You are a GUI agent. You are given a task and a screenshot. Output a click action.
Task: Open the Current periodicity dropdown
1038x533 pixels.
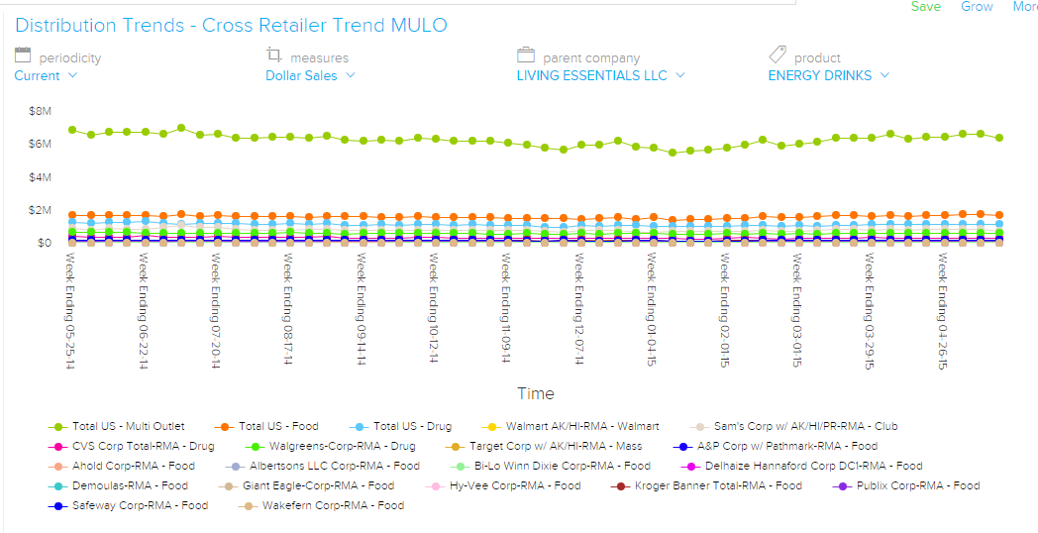[46, 75]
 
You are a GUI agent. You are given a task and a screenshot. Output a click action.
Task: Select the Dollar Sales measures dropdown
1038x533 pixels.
[310, 75]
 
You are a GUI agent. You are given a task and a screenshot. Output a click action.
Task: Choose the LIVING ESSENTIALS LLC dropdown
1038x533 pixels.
[600, 75]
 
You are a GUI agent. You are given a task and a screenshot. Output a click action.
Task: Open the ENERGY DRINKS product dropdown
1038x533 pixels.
[828, 75]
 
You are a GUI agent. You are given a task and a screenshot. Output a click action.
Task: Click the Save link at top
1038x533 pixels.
[926, 7]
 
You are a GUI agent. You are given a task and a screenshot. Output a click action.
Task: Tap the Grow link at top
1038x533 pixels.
[977, 7]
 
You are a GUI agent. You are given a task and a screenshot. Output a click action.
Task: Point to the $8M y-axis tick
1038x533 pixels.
[40, 111]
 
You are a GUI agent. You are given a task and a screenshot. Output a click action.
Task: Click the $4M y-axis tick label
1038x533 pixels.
[40, 177]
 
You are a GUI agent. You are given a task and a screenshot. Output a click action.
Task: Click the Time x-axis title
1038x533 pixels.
[536, 393]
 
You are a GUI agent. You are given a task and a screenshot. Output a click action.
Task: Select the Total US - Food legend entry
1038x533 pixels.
[278, 426]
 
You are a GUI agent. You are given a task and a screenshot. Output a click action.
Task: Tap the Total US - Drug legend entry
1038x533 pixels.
[412, 426]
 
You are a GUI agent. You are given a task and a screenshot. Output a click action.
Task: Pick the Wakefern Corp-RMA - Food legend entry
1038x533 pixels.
[333, 505]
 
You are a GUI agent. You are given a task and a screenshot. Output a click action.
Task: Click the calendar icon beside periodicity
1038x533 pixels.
[23, 55]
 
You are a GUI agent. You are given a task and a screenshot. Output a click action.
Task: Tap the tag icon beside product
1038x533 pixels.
[778, 55]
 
